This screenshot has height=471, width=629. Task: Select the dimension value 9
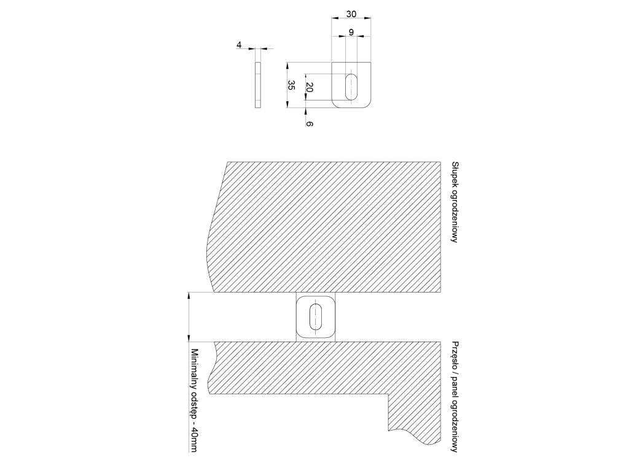350,32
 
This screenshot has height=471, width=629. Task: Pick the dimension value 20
310,88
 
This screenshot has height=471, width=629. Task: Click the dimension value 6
310,124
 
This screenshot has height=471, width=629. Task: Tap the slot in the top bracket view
352,86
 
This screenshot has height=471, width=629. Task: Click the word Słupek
455,175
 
